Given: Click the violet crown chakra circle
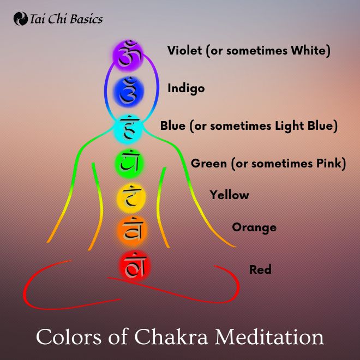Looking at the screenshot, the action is click(128, 55).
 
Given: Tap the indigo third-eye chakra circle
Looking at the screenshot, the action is click(129, 92).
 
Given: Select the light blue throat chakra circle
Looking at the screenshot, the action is click(128, 129).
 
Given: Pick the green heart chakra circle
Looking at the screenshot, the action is click(129, 163).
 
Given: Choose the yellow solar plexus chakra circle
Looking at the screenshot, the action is click(131, 197).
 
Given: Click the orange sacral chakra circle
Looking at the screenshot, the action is click(132, 231).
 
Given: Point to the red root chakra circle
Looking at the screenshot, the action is click(135, 266).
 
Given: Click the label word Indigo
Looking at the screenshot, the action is click(186, 88).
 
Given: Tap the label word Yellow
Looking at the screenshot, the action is click(229, 195).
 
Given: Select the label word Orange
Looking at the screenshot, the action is click(254, 228).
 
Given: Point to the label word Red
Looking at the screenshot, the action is click(260, 269).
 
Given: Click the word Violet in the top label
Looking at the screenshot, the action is click(184, 50).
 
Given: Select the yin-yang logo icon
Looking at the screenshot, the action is click(21, 19).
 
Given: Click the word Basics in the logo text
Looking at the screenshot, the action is click(86, 19).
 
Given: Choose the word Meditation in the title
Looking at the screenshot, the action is click(269, 337).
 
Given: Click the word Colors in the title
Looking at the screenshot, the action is click(68, 337).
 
